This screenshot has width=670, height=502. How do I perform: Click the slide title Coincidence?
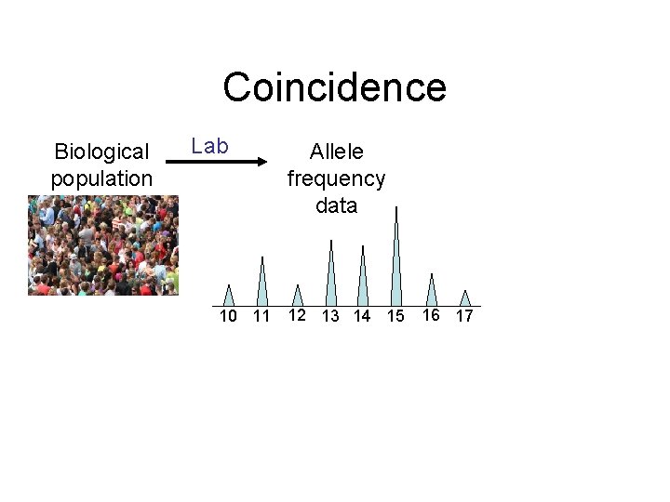tap(334, 87)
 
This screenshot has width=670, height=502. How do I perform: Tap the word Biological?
tap(101, 152)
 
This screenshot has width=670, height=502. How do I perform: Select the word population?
tap(101, 178)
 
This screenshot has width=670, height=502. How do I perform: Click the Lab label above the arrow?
tap(209, 146)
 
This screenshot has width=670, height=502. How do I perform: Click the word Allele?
tap(336, 152)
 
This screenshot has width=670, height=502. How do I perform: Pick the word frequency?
tap(336, 178)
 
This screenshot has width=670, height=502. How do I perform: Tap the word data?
tap(336, 205)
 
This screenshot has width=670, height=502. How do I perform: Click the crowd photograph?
tap(102, 244)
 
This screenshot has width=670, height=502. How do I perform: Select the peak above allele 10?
tap(229, 297)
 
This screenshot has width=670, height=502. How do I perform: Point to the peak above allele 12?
tap(298, 297)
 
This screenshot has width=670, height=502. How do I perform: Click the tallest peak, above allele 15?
tap(396, 260)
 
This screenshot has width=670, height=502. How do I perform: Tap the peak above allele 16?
tap(432, 291)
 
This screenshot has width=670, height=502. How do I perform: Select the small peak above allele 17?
tap(465, 298)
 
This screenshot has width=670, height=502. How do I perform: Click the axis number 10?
tap(228, 316)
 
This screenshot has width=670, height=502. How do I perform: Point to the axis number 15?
tap(395, 316)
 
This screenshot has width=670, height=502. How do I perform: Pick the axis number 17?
tap(464, 316)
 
